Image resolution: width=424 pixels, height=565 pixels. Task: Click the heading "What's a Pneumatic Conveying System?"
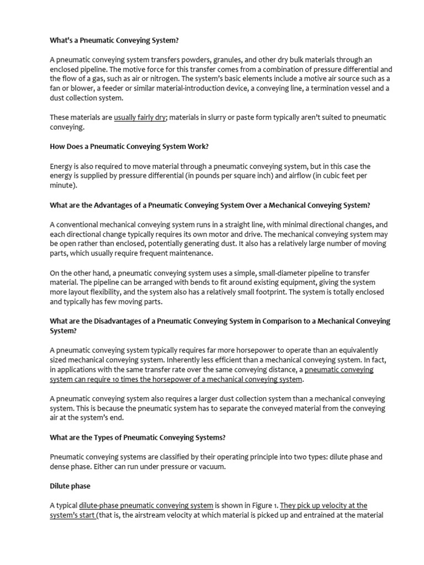click(114, 40)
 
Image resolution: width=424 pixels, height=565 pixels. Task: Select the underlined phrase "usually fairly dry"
click(140, 118)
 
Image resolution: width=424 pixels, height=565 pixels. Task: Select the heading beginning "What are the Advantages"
click(210, 205)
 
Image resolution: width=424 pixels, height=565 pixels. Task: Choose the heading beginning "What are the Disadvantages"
click(220, 321)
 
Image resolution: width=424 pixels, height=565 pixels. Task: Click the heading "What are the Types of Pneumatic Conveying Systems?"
click(137, 438)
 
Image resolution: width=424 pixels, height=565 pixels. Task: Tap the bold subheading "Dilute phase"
click(70, 486)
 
